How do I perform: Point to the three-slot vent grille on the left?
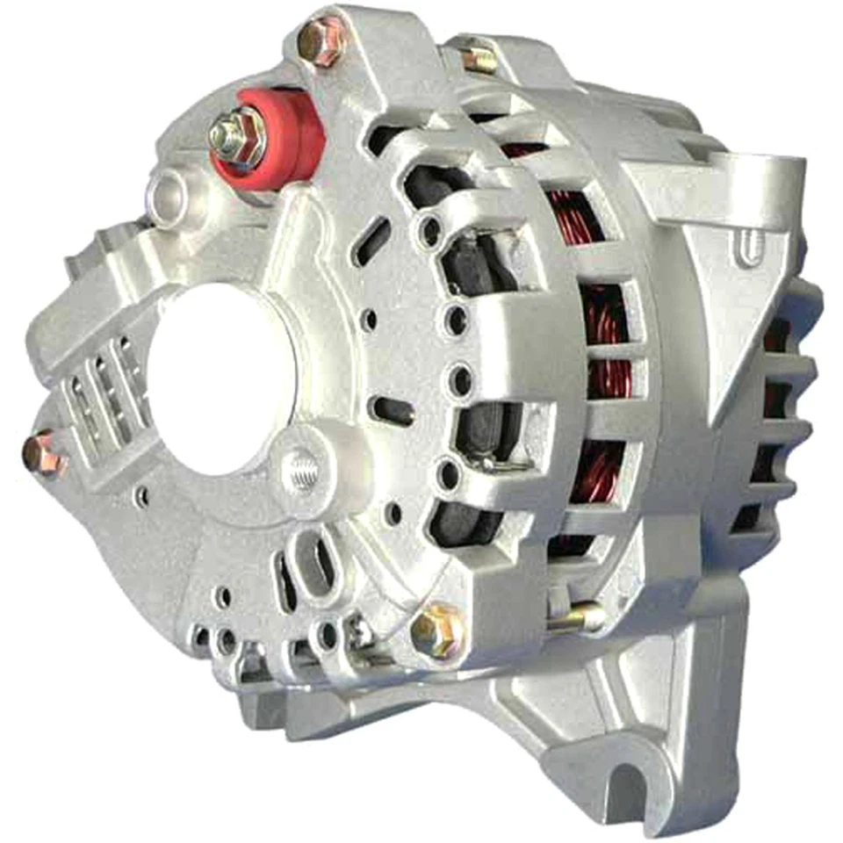tap(105, 386)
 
